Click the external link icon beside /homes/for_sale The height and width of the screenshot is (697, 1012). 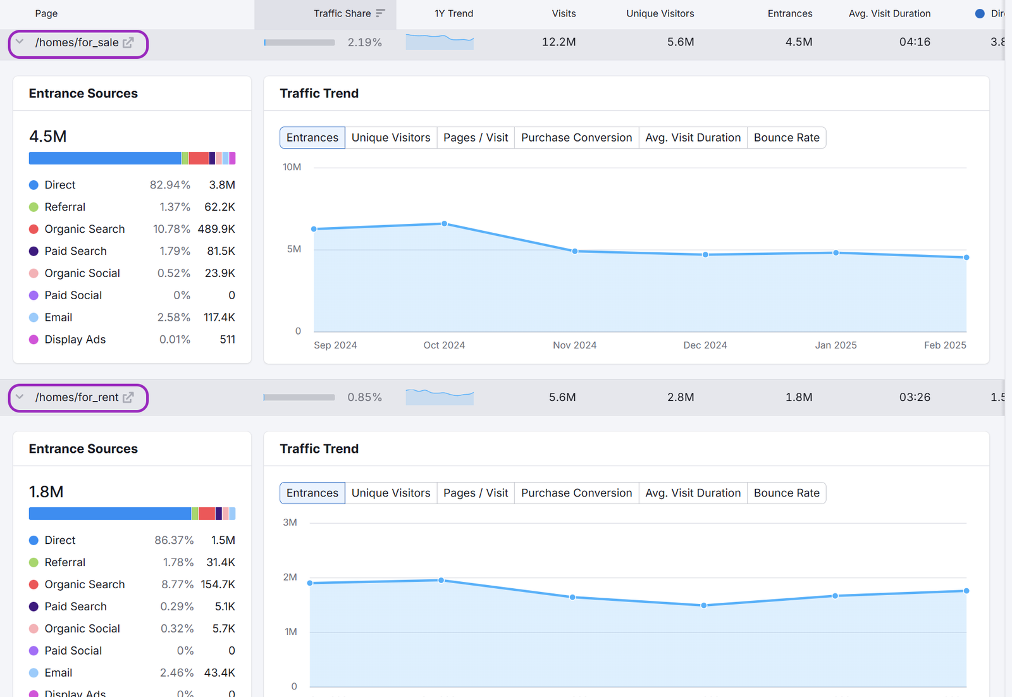pos(128,42)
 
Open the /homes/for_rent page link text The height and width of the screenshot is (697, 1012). pos(77,397)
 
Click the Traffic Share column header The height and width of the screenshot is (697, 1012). pos(342,13)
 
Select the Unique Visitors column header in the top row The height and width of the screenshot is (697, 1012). pos(660,13)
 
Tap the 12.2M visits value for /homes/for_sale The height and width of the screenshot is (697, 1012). pos(558,42)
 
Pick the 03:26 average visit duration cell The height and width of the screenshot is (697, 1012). pos(915,397)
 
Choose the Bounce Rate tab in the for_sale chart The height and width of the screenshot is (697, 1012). pos(786,138)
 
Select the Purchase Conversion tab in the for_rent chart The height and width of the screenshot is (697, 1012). pos(576,493)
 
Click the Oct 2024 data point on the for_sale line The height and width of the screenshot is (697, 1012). pos(445,224)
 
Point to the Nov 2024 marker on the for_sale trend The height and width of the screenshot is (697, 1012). pos(575,251)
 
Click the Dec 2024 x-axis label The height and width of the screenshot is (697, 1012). pos(705,345)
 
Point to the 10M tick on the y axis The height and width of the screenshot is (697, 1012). pos(292,167)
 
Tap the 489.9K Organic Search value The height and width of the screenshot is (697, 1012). pos(216,229)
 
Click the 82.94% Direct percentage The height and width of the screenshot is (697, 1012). pos(170,185)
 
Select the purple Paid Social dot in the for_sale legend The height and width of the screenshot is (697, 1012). pos(34,295)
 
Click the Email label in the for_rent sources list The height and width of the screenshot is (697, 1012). pos(58,673)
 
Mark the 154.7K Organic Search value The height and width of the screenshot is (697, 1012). pos(218,584)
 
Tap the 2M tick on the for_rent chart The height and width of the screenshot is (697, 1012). pos(290,577)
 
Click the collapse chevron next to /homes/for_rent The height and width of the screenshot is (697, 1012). pos(20,397)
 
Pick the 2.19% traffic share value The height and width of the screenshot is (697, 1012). pos(364,42)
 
